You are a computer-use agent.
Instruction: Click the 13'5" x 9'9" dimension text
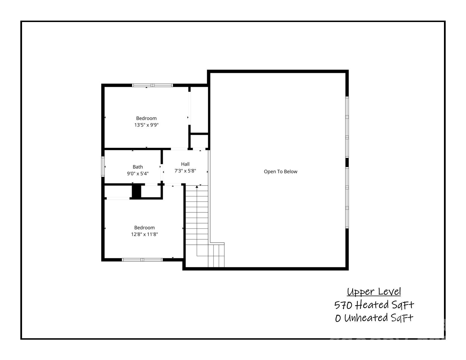coord(146,125)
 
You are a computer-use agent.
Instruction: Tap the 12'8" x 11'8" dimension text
coord(144,234)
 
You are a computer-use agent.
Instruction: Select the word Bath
coord(138,167)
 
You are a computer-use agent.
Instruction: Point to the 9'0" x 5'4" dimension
coord(138,173)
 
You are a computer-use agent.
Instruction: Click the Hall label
coord(185,164)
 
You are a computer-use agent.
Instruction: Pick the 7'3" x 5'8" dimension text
coord(185,171)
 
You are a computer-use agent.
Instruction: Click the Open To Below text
coord(280,172)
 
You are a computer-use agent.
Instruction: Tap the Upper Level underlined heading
coord(374,292)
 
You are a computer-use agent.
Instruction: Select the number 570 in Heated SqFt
coord(343,305)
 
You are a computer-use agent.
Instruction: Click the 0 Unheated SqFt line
coord(374,318)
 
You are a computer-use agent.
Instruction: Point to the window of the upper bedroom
coord(153,85)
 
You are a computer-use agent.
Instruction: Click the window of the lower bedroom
coord(142,260)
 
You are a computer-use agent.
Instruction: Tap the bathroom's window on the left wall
coord(103,167)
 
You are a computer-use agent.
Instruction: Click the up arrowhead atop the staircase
coord(197,187)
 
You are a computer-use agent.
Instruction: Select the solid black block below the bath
coord(136,191)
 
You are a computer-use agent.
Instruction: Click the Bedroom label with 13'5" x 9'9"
coord(146,118)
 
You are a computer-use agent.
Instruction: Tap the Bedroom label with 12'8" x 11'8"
coord(144,228)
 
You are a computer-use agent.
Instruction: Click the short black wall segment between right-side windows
coord(347,162)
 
